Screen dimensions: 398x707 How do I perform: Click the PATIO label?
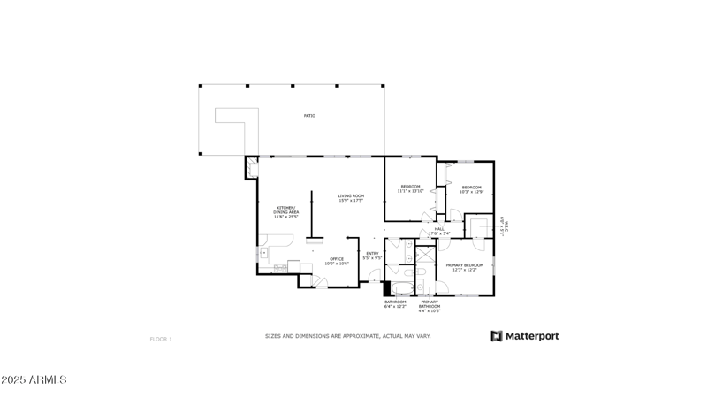[309, 116]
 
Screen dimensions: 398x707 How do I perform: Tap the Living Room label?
[351, 198]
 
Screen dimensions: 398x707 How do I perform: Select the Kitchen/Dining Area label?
[287, 211]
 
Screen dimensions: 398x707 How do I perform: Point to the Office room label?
[337, 261]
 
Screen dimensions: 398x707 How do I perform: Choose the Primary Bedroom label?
[464, 267]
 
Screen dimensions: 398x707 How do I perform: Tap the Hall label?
[439, 232]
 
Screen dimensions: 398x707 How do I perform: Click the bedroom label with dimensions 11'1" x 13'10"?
[410, 188]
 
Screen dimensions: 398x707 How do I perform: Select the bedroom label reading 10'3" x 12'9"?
[471, 189]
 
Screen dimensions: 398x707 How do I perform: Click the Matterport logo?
[525, 336]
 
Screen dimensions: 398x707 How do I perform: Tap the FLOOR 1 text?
[161, 339]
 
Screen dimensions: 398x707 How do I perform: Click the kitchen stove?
[294, 265]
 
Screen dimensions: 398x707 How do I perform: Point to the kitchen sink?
[263, 253]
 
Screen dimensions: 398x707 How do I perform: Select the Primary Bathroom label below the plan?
[430, 305]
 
